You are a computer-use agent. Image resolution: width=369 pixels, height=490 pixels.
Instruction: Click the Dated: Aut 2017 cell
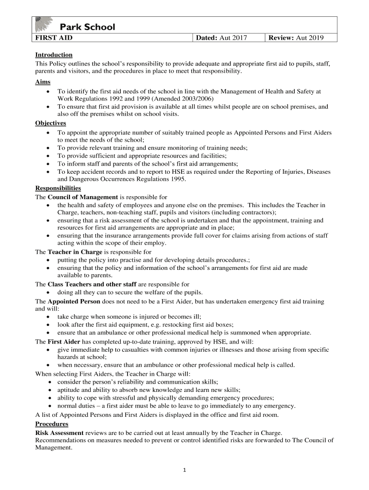click(x=225, y=37)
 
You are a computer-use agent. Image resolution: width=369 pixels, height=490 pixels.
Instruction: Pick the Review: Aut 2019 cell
click(x=296, y=37)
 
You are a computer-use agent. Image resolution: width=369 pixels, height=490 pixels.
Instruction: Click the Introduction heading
click(x=54, y=55)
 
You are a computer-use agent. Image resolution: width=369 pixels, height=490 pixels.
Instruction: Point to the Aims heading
click(x=43, y=82)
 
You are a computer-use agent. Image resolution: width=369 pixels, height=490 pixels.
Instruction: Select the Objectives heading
click(x=50, y=123)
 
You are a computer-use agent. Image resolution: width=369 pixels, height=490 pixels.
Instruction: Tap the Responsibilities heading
click(x=58, y=189)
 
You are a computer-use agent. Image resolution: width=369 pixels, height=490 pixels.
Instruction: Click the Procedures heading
click(x=52, y=424)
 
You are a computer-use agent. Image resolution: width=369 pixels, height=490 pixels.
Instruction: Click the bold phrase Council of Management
click(x=82, y=197)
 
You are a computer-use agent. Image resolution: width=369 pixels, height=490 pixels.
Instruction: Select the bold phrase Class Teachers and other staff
click(x=92, y=284)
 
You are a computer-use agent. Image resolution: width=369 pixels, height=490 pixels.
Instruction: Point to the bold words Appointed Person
click(x=74, y=301)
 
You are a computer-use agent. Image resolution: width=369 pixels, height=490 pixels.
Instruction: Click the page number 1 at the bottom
click(x=184, y=470)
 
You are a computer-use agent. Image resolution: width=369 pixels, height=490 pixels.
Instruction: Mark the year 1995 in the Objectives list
click(x=177, y=179)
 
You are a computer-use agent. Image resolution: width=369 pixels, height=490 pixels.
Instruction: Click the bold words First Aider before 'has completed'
click(x=64, y=342)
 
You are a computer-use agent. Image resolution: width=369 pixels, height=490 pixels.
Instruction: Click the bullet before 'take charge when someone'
click(x=50, y=317)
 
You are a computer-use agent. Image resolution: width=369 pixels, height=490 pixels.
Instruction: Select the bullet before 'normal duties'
click(x=50, y=406)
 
